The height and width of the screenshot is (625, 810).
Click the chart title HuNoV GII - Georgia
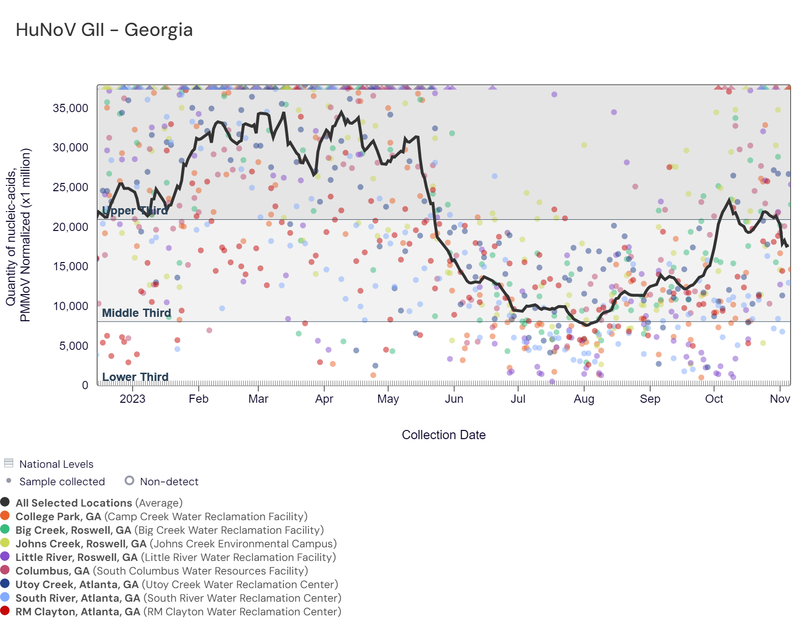click(x=104, y=30)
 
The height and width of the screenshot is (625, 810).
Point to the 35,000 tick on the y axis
click(x=70, y=108)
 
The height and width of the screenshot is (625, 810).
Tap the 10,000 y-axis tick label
click(x=70, y=306)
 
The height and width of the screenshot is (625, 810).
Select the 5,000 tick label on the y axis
click(x=74, y=346)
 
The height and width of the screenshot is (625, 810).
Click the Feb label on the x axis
click(x=198, y=399)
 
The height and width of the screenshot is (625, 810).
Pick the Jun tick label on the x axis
click(x=454, y=399)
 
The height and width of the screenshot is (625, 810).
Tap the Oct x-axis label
click(x=714, y=399)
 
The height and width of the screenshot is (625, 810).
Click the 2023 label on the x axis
click(x=132, y=399)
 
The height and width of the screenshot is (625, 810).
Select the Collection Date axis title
click(x=443, y=435)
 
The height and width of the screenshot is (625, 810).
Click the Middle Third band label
click(x=136, y=313)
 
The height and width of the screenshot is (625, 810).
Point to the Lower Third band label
click(x=135, y=377)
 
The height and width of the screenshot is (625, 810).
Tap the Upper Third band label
click(x=135, y=211)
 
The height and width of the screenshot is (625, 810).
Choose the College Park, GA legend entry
click(x=161, y=516)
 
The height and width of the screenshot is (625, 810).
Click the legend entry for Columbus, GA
click(x=161, y=571)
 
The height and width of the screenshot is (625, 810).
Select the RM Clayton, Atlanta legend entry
click(x=178, y=611)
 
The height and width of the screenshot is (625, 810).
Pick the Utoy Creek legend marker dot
click(x=5, y=584)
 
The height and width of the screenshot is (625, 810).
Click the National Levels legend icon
click(x=8, y=463)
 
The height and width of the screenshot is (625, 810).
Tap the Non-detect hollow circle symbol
click(x=129, y=480)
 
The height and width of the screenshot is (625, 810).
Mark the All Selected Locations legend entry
click(x=99, y=503)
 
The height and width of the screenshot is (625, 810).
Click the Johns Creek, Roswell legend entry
click(x=176, y=543)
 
